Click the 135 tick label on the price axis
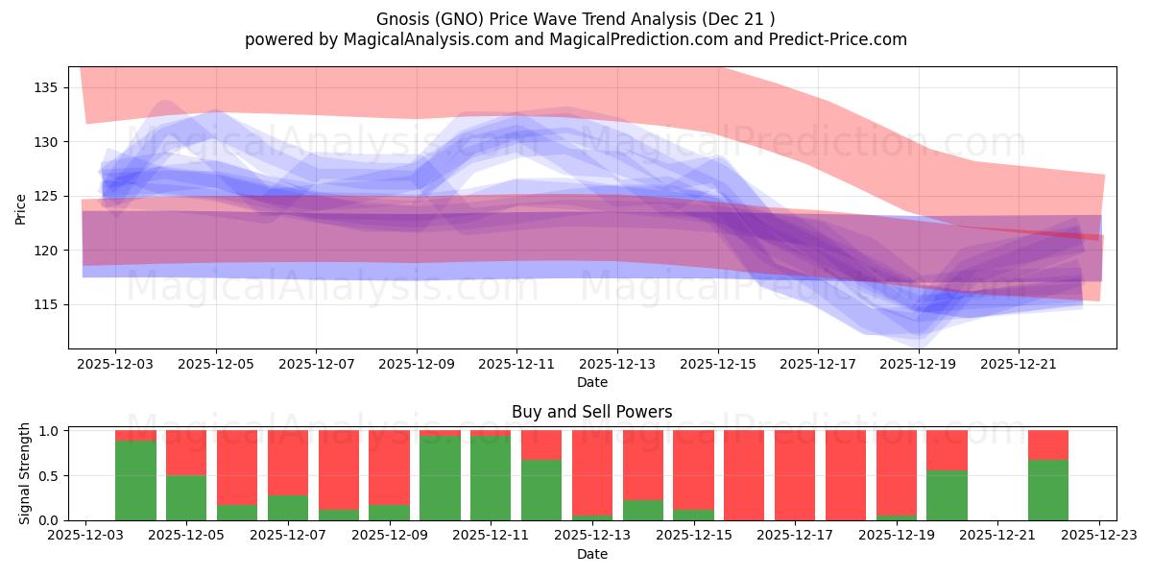[46, 87]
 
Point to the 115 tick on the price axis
[46, 304]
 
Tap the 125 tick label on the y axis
[46, 196]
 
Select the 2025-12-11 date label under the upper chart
[516, 365]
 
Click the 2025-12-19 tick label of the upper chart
[919, 365]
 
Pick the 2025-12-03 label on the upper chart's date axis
[115, 365]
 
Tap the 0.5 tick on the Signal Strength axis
[49, 475]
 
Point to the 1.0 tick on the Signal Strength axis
[49, 431]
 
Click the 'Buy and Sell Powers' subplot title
[591, 412]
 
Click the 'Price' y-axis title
[21, 207]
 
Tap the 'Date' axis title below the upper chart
[591, 382]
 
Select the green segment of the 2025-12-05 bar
[186, 497]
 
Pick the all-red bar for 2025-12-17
[795, 475]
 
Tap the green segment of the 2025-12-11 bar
[491, 478]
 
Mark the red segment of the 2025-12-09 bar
[389, 467]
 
